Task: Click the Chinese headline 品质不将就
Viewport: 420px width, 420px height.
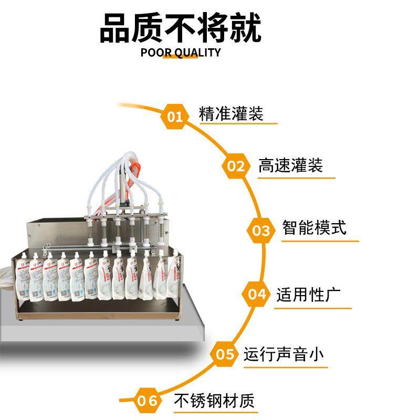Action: pos(180,28)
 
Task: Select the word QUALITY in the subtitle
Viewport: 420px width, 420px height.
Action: pos(198,52)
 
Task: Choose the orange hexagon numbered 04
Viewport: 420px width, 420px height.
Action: pos(257,294)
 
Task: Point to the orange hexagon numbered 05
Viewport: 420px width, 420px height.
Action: pos(225,354)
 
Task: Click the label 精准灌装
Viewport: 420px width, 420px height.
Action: pos(231,113)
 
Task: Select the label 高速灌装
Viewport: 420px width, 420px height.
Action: pos(290,166)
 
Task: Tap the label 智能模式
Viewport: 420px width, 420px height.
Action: pos(314,228)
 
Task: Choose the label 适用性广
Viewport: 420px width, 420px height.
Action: pos(308,294)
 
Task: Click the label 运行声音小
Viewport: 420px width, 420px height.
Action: pos(283,354)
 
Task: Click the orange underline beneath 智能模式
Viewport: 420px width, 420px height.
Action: pos(320,241)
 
